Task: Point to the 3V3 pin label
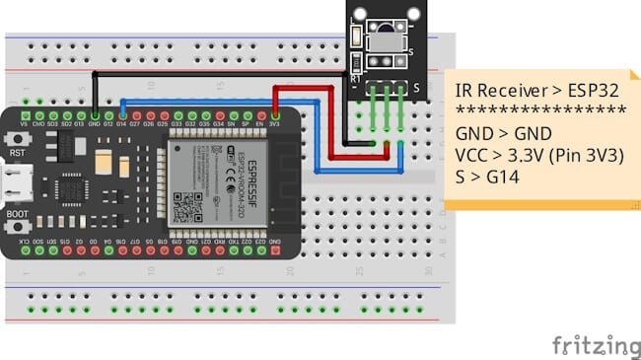tap(274, 125)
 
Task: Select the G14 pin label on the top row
tap(121, 125)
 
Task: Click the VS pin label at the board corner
tap(24, 125)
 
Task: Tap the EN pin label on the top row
tap(259, 125)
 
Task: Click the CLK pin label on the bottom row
tap(24, 241)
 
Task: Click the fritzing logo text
tap(595, 344)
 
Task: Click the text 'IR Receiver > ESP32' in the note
tap(523, 90)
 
